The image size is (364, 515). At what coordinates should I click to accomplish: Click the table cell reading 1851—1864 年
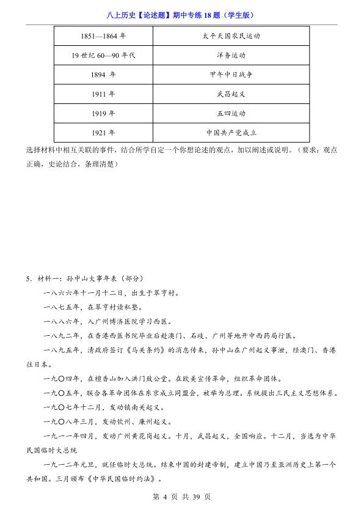tap(103, 36)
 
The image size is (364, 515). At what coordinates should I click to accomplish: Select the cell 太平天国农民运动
tap(231, 36)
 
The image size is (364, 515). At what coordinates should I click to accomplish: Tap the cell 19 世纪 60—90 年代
tap(103, 56)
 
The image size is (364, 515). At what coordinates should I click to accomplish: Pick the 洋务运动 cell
tap(231, 56)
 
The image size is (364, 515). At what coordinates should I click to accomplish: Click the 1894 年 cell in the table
tap(103, 75)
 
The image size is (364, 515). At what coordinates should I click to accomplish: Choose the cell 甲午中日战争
tap(231, 75)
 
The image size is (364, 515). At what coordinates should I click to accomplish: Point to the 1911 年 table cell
tap(103, 94)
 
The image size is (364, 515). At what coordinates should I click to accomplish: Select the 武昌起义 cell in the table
tap(231, 94)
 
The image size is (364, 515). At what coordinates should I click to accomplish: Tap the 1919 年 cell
tap(103, 113)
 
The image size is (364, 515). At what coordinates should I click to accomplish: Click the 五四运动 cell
tap(231, 113)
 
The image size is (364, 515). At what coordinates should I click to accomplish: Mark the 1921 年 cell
tap(103, 132)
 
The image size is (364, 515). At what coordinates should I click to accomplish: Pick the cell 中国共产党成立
tap(231, 132)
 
